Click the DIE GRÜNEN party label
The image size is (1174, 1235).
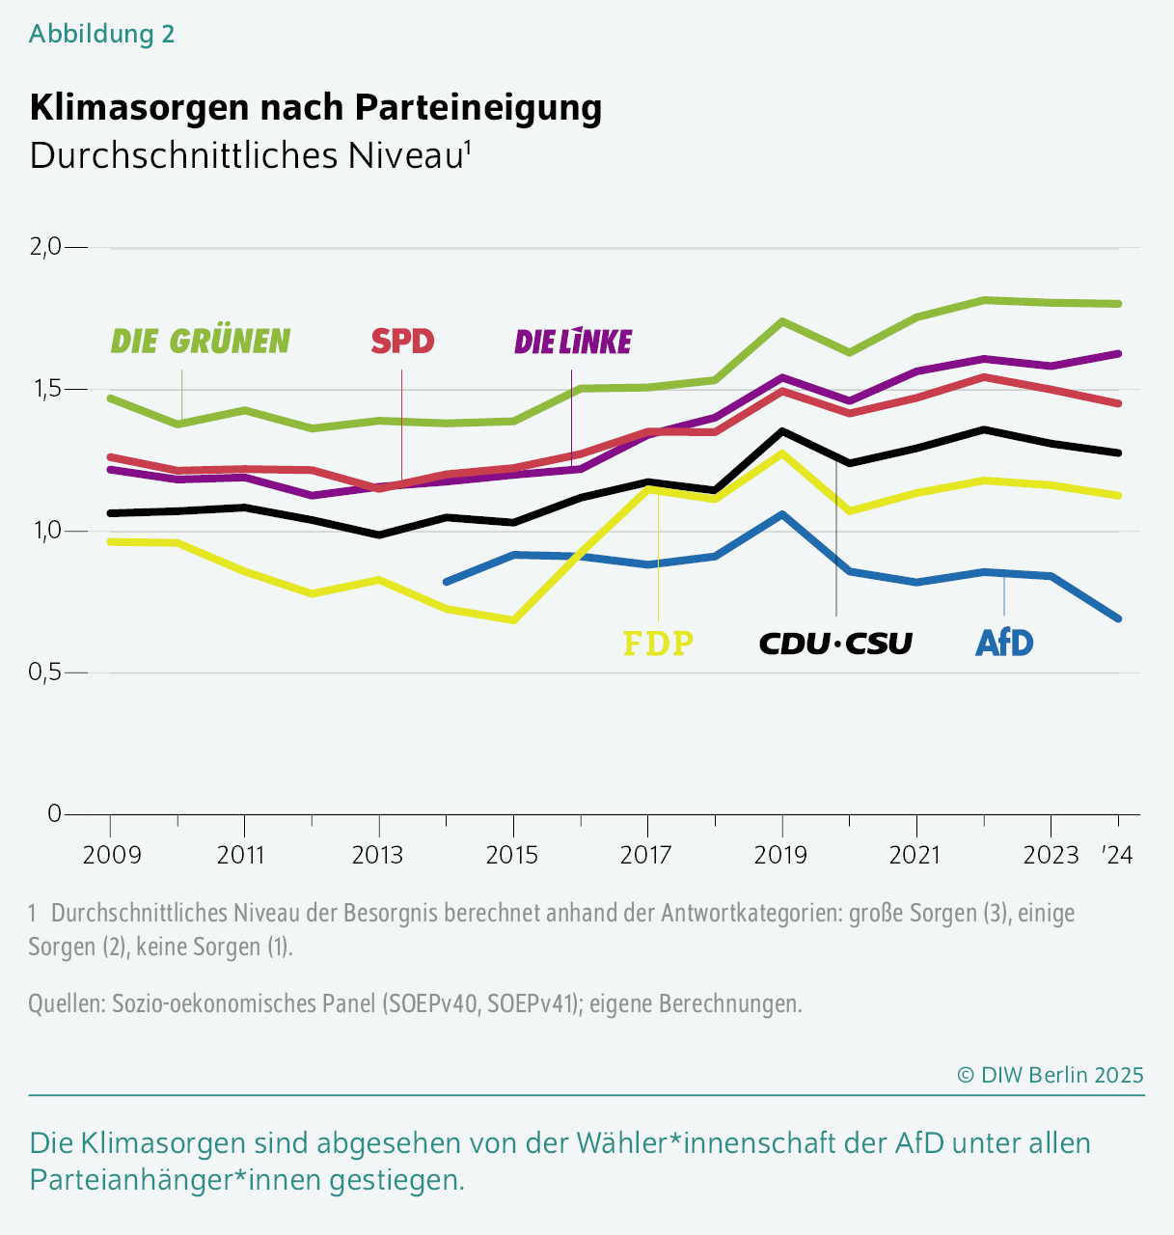pos(200,342)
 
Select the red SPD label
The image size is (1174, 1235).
pos(402,342)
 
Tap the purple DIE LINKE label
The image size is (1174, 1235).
pos(573,342)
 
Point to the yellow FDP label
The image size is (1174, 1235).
pos(658,643)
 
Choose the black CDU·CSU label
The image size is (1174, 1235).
pos(835,643)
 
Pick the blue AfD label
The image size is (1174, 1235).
pos(1004,643)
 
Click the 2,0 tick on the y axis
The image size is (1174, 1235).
pos(45,247)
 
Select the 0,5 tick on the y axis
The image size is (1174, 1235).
pos(45,672)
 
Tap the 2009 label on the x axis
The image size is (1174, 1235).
pos(112,855)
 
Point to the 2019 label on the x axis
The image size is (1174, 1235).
pos(782,855)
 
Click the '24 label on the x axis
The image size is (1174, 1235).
pos(1117,855)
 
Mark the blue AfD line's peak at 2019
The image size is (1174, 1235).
pos(782,514)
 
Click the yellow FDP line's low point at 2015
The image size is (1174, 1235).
pos(513,619)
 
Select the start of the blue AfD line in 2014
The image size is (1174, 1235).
pos(446,582)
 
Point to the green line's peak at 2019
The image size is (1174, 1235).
pos(782,321)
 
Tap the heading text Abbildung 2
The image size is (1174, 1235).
pos(101,34)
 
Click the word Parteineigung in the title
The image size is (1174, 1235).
pos(478,107)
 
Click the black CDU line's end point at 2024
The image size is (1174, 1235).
pos(1117,453)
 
